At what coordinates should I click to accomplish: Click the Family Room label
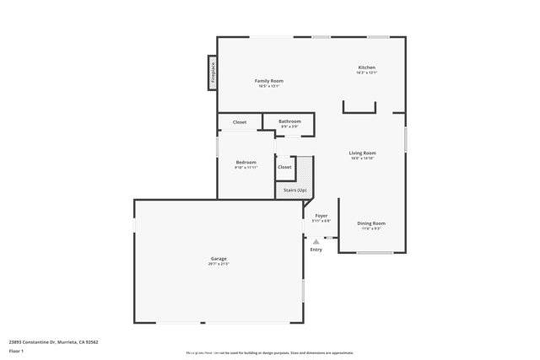click(x=269, y=80)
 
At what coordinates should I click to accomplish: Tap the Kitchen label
click(x=366, y=67)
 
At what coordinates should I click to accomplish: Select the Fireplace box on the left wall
click(x=213, y=73)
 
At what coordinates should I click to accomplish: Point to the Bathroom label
click(x=289, y=121)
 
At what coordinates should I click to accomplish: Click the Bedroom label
click(x=246, y=162)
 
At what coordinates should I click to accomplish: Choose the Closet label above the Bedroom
click(x=240, y=122)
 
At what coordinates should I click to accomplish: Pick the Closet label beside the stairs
click(x=284, y=167)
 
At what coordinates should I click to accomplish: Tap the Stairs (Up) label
click(x=294, y=191)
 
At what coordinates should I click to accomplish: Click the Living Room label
click(x=362, y=153)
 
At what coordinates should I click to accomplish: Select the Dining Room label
click(x=371, y=223)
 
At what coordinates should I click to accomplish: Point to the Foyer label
click(x=321, y=216)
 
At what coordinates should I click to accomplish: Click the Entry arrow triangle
click(x=316, y=241)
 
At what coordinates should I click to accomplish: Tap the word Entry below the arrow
click(x=316, y=250)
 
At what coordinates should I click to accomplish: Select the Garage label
click(x=219, y=258)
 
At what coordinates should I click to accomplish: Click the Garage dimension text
click(x=219, y=264)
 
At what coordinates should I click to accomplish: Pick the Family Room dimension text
click(x=269, y=86)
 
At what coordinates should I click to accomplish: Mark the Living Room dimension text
click(x=362, y=159)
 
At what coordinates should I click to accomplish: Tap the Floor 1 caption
click(x=17, y=351)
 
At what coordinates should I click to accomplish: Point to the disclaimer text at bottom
click(x=270, y=352)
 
